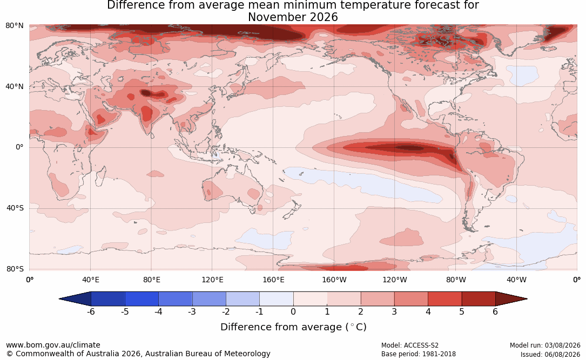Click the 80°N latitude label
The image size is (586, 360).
click(14, 26)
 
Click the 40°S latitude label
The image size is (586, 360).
click(15, 208)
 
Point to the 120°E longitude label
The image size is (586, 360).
click(212, 280)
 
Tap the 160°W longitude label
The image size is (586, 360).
click(334, 280)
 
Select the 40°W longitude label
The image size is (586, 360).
click(516, 280)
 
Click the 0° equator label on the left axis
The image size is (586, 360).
click(19, 147)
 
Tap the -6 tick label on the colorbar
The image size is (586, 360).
click(91, 311)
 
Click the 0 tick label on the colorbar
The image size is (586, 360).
click(293, 311)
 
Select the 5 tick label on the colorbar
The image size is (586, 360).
click(462, 311)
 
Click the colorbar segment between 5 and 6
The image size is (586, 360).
click(479, 299)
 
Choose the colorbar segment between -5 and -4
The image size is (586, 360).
click(142, 299)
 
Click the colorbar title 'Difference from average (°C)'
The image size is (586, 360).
click(293, 327)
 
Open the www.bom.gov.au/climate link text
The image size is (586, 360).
click(53, 345)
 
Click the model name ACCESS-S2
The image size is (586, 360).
click(421, 345)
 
